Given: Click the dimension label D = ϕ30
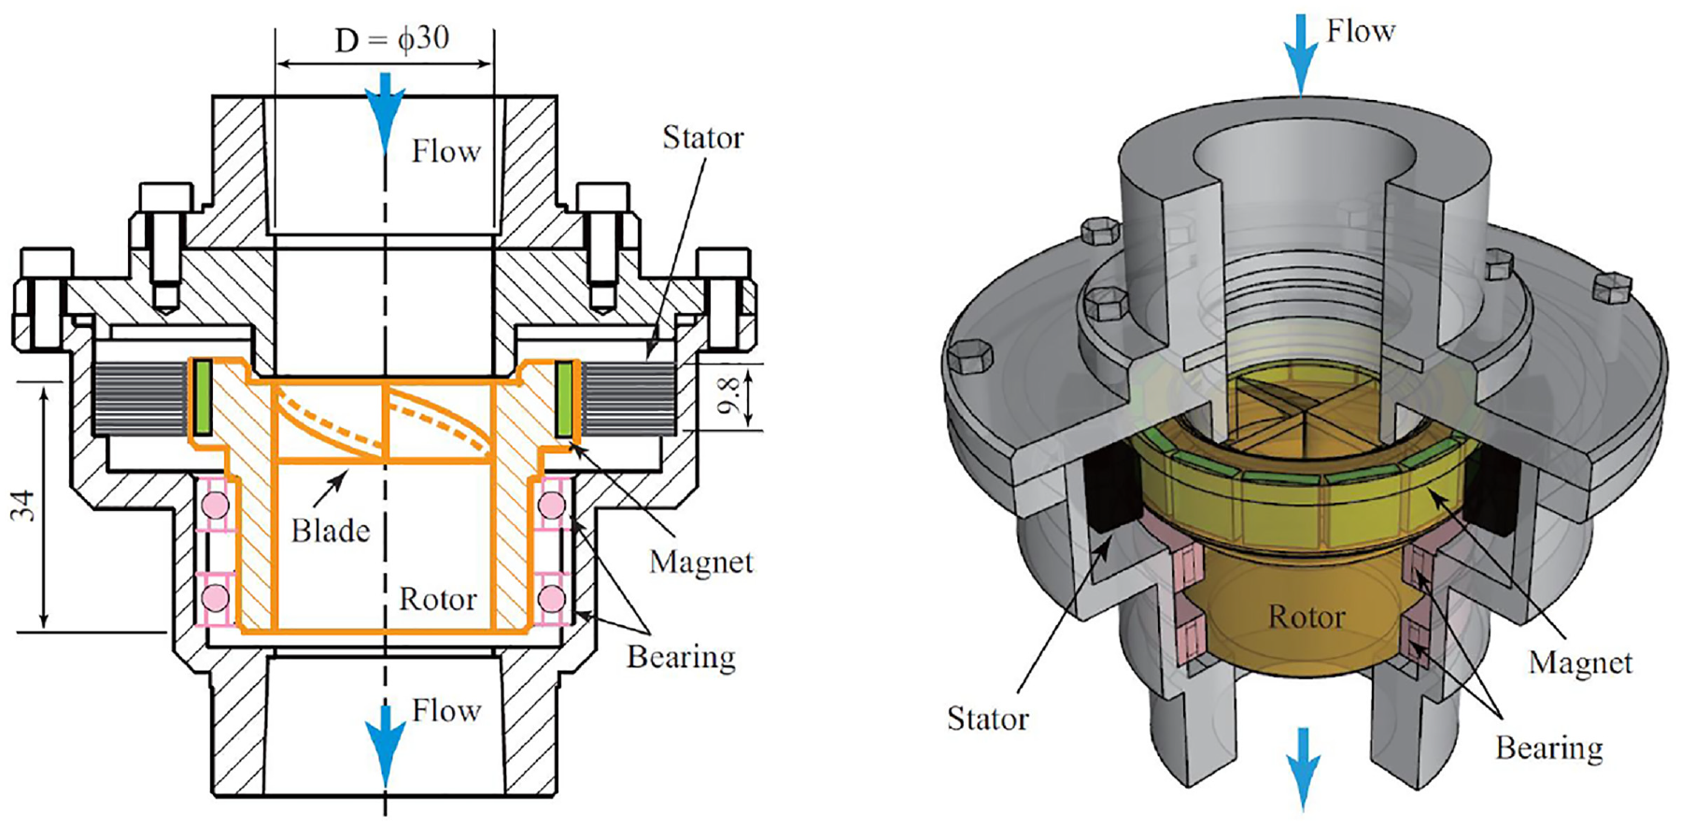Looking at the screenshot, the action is (x=392, y=39).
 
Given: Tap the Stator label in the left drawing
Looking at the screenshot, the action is (x=703, y=137).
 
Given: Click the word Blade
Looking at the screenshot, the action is (x=331, y=531).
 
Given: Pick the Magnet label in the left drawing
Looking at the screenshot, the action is (x=701, y=562).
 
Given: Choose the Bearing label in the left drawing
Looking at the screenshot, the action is (x=681, y=657).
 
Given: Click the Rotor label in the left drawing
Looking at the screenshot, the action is (x=438, y=598).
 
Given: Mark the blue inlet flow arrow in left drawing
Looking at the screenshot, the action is (x=385, y=112).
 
